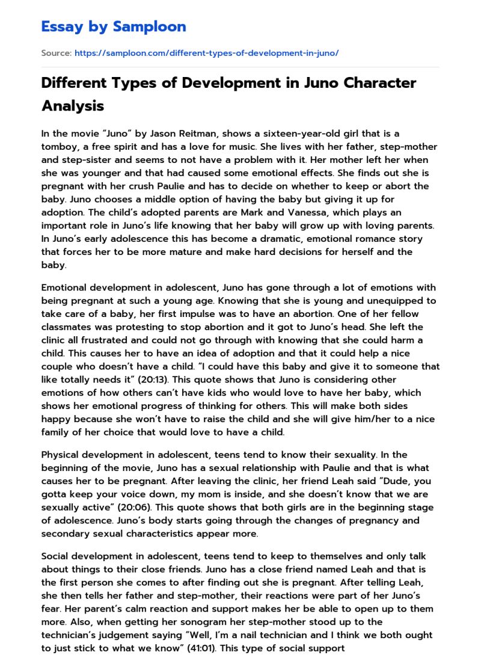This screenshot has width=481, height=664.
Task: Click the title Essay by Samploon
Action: point(114,26)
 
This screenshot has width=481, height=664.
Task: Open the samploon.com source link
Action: point(206,53)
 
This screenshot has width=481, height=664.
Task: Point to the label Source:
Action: point(56,53)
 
